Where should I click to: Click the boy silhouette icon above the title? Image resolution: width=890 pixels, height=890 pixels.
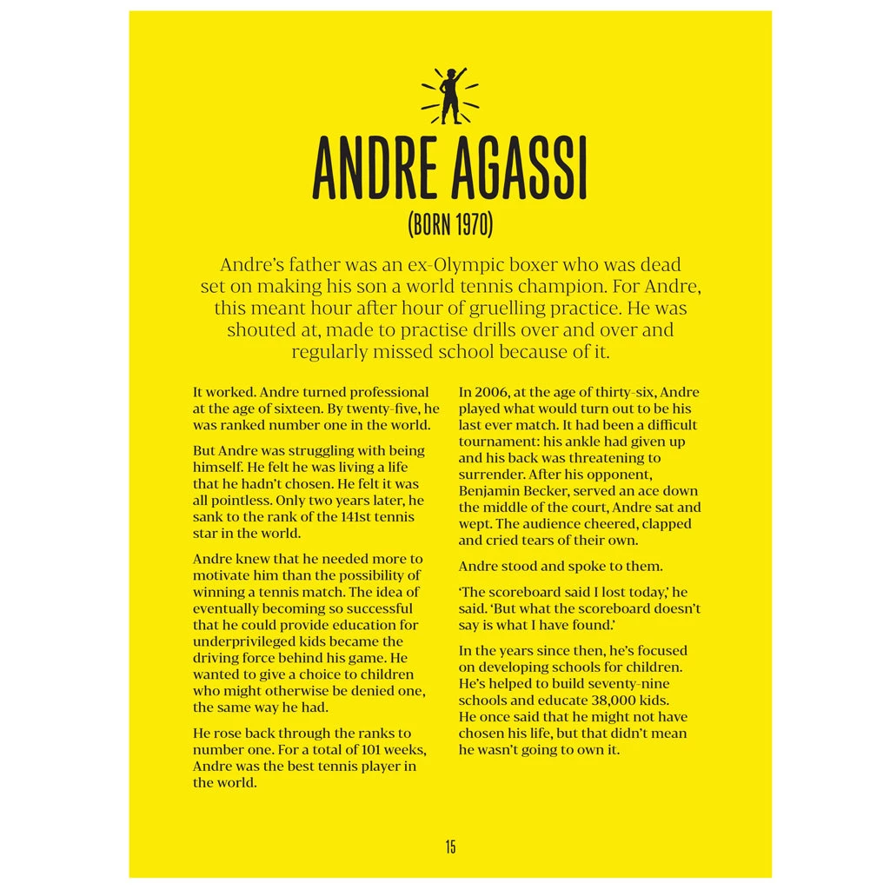coord(450,96)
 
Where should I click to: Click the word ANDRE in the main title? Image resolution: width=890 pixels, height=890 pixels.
coord(376,169)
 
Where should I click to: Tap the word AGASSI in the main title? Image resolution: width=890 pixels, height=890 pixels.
coord(519,169)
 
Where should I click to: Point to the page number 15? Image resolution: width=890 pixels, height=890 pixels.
coord(450,847)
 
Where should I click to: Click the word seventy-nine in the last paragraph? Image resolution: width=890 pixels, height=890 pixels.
coord(629,684)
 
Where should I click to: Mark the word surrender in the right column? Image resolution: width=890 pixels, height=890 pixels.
coord(491,475)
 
